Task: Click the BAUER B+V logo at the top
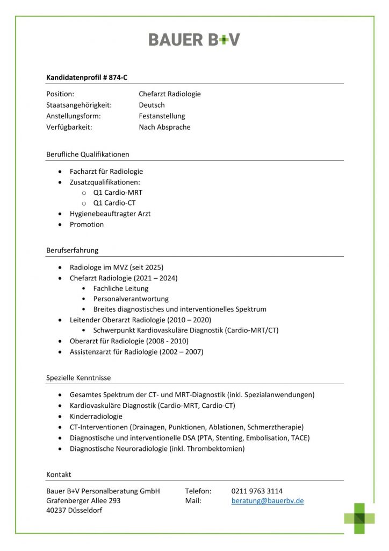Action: click(x=194, y=39)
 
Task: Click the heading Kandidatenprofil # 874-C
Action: click(x=87, y=77)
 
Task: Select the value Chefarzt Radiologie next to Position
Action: click(x=169, y=94)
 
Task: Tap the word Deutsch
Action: click(x=152, y=105)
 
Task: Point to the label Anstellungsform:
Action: click(x=74, y=116)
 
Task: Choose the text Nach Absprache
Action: click(x=164, y=128)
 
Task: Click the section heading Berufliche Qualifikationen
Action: click(x=88, y=154)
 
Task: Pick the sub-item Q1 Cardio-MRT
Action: click(x=118, y=193)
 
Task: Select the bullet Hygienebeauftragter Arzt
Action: click(x=110, y=214)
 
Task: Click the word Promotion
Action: click(x=87, y=224)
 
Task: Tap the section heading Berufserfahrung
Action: click(x=72, y=250)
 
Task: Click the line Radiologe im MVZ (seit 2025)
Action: click(x=116, y=267)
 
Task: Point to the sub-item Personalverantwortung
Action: click(x=131, y=299)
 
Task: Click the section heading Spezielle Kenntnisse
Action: click(x=78, y=378)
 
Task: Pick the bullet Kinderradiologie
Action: click(x=96, y=416)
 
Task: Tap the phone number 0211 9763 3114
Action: click(x=257, y=491)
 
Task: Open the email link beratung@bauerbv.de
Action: click(x=268, y=500)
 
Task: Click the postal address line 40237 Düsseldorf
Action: click(x=74, y=511)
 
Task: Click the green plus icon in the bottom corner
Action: click(x=359, y=518)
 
